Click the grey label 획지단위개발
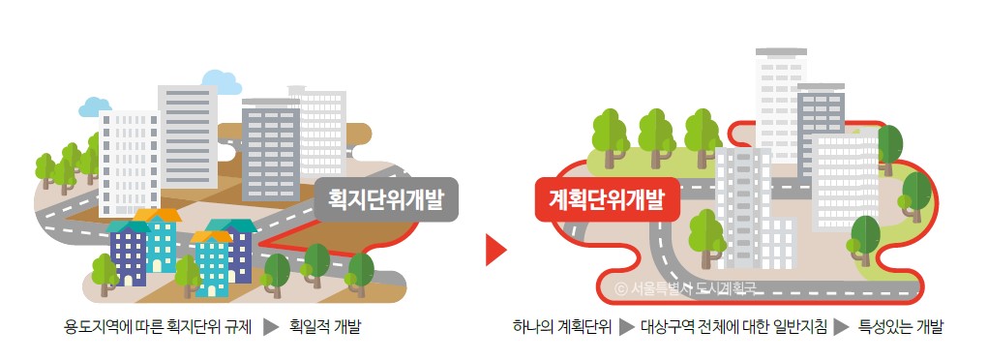click(x=386, y=201)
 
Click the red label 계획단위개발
click(x=607, y=200)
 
